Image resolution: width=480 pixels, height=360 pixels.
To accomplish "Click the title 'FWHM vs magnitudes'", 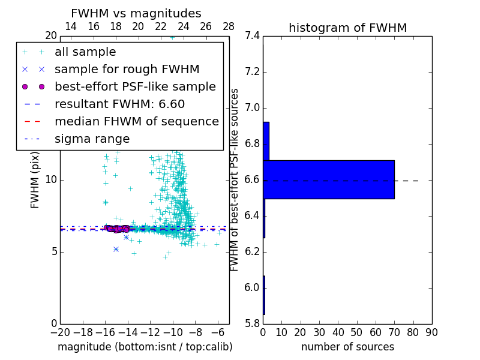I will pyautogui.click(x=136, y=14).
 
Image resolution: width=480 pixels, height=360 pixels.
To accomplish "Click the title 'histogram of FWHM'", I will pyautogui.click(x=347, y=28).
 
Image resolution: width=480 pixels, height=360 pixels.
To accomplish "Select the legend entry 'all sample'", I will pyautogui.click(x=85, y=52).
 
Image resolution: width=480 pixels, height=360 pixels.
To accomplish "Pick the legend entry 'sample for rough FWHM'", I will pyautogui.click(x=127, y=70).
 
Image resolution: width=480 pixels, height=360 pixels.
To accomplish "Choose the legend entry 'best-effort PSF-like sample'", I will pyautogui.click(x=135, y=87).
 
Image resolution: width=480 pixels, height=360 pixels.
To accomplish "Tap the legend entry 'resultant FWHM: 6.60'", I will pyautogui.click(x=119, y=104).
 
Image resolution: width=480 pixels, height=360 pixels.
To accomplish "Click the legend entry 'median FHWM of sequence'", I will pyautogui.click(x=136, y=122).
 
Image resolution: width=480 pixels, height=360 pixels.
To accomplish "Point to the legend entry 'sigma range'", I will pyautogui.click(x=92, y=139).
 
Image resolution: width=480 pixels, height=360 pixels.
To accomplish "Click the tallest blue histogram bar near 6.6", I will pyautogui.click(x=329, y=179).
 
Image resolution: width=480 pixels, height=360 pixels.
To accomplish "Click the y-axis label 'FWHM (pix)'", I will pyautogui.click(x=35, y=179).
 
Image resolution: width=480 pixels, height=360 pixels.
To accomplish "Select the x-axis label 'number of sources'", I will pyautogui.click(x=347, y=347).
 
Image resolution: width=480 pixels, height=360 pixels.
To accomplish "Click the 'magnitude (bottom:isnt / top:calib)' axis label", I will pyautogui.click(x=145, y=347).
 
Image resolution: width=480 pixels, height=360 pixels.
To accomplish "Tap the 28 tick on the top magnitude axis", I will pyautogui.click(x=229, y=26).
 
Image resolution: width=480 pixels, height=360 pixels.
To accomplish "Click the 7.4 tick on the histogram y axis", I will pyautogui.click(x=252, y=36).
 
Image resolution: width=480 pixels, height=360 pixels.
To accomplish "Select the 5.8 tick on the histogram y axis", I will pyautogui.click(x=252, y=324).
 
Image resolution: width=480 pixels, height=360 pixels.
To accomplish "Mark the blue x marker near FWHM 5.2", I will pyautogui.click(x=116, y=249).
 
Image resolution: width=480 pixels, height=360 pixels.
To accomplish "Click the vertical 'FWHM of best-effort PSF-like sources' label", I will pyautogui.click(x=235, y=179).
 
